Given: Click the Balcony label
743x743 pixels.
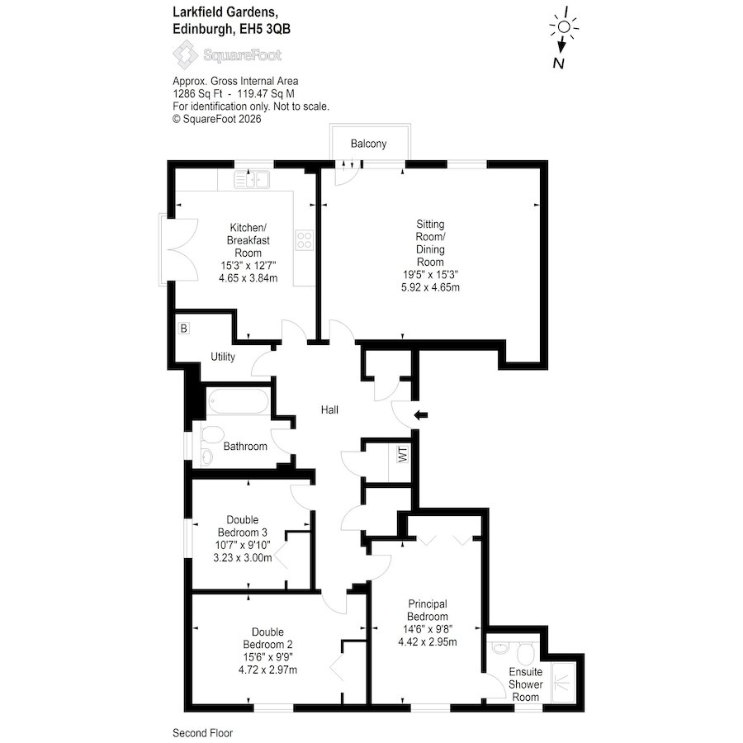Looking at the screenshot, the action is pyautogui.click(x=368, y=144).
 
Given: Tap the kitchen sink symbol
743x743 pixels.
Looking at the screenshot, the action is pyautogui.click(x=252, y=180).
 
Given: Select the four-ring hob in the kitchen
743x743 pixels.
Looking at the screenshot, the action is pyautogui.click(x=304, y=239).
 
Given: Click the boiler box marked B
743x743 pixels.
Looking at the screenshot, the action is pyautogui.click(x=184, y=328).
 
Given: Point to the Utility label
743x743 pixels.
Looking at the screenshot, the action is pyautogui.click(x=223, y=357).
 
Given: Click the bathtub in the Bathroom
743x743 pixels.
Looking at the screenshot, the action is pyautogui.click(x=239, y=402).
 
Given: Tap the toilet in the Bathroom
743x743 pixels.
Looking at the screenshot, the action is pyautogui.click(x=213, y=433).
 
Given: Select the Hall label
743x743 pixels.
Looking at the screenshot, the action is pyautogui.click(x=329, y=409).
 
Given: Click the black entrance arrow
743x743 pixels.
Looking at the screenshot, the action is pyautogui.click(x=421, y=415).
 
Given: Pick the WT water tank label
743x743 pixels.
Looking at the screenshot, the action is pyautogui.click(x=403, y=454).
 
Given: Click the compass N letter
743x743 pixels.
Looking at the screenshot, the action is pyautogui.click(x=559, y=63).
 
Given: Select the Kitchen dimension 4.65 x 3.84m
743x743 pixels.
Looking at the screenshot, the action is pyautogui.click(x=248, y=278).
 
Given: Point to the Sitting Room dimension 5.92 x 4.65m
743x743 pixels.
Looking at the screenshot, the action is pyautogui.click(x=430, y=287).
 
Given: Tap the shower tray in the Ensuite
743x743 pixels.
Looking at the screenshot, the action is pyautogui.click(x=563, y=683).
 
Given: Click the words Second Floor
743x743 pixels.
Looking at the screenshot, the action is pyautogui.click(x=203, y=733).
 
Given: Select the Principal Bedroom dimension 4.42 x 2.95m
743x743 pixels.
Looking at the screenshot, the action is pyautogui.click(x=428, y=642).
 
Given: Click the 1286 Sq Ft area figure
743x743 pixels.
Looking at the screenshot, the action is pyautogui.click(x=197, y=94).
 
